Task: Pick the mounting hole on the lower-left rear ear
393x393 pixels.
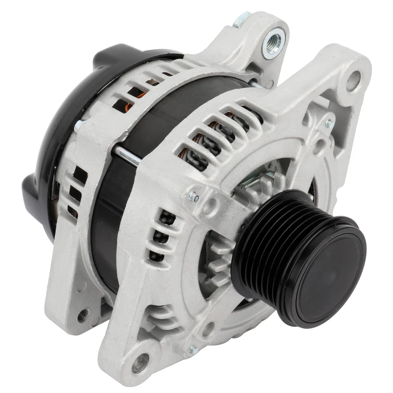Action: click(84, 314)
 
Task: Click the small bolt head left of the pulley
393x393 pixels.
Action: click(194, 198)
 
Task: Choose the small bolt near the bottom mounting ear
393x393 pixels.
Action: click(192, 350)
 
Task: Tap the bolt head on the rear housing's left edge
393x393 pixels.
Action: click(78, 125)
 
